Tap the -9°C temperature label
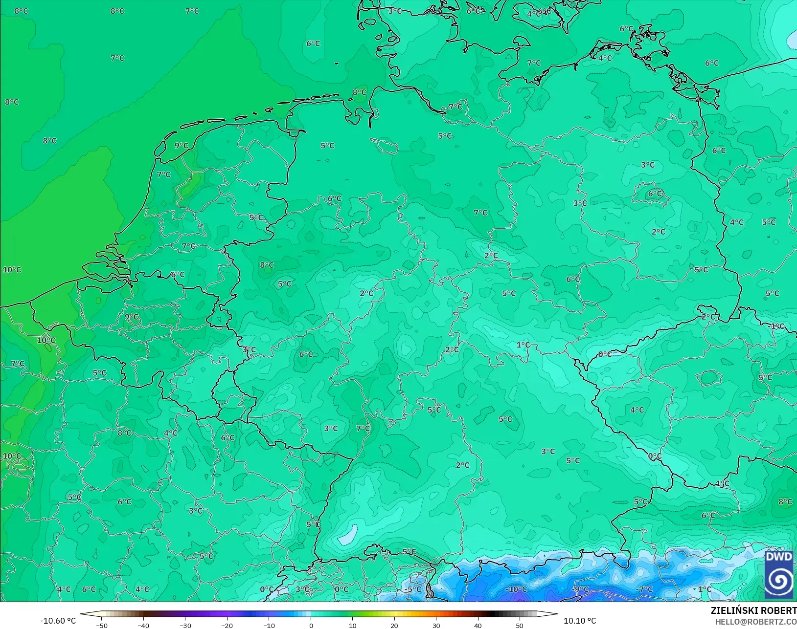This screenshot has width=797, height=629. [x=581, y=589]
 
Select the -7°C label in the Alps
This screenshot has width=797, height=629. [x=644, y=589]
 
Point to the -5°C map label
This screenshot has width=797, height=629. [x=413, y=589]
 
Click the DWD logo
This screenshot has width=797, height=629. [x=779, y=574]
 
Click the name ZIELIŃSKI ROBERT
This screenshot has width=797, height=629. [x=753, y=610]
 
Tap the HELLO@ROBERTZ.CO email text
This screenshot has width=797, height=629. [x=756, y=622]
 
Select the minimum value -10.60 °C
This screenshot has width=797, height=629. [x=58, y=621]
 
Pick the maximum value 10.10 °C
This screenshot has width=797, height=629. [x=580, y=621]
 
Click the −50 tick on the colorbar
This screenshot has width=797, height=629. [x=102, y=625]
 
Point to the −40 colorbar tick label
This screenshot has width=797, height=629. [x=143, y=625]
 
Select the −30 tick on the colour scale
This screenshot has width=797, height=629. [x=185, y=625]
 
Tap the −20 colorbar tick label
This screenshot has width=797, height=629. [x=227, y=625]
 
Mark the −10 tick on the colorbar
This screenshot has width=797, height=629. [x=269, y=625]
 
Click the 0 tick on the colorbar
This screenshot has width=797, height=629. [x=311, y=625]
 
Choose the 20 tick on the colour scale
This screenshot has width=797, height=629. [x=394, y=625]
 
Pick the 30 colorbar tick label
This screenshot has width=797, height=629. [x=436, y=625]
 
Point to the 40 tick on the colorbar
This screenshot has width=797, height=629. [x=478, y=625]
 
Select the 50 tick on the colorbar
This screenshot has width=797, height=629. [x=520, y=625]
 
